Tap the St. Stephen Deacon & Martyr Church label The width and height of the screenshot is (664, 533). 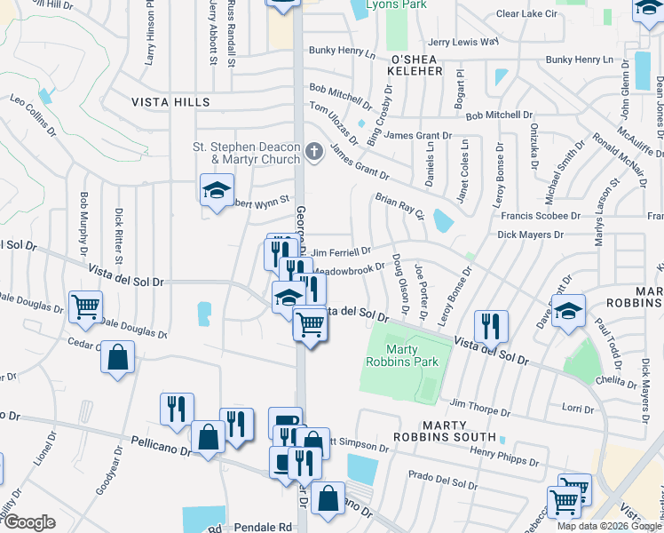(247, 153)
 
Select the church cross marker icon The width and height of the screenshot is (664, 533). (312, 153)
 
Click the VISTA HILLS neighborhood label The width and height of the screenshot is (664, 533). (171, 102)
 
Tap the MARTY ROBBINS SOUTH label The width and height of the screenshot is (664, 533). (459, 437)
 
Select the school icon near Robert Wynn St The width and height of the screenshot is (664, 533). (216, 190)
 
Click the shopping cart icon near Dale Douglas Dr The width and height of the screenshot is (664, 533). (86, 307)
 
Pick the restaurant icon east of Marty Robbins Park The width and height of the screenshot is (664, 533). (490, 325)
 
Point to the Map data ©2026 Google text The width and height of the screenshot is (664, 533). (608, 526)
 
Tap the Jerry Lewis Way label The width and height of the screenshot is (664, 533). (462, 42)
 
